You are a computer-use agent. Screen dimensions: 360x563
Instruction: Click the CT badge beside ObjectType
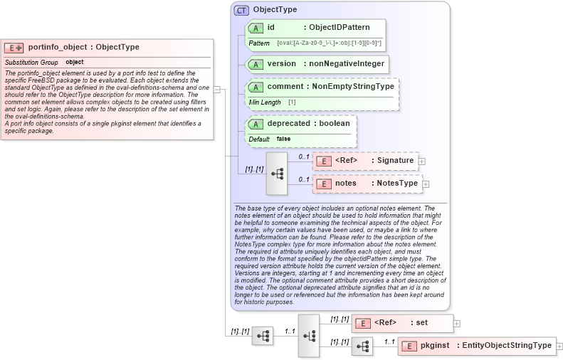(241, 10)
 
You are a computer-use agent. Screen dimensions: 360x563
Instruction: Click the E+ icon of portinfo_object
(14, 48)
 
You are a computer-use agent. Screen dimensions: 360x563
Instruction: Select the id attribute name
(271, 27)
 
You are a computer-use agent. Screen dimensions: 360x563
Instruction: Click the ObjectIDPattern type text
(340, 27)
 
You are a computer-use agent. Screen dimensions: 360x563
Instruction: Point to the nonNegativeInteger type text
(346, 63)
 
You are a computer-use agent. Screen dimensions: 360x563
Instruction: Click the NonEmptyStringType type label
(353, 87)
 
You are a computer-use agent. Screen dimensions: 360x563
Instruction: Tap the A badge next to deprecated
(256, 124)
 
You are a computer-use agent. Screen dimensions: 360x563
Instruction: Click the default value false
(283, 139)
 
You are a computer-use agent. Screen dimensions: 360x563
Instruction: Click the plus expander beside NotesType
(426, 184)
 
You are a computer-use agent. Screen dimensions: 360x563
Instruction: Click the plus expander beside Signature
(422, 162)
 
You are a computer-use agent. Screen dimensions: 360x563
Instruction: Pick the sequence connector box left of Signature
(276, 173)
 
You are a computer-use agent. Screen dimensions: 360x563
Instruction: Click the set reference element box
(402, 323)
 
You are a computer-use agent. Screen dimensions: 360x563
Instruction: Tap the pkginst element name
(434, 346)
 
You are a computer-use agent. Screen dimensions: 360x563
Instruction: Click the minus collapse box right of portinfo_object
(217, 90)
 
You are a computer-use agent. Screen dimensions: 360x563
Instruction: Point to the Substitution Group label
(31, 63)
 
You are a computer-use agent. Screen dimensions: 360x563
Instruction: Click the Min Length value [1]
(292, 102)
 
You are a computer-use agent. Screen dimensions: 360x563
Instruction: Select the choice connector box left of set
(309, 334)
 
